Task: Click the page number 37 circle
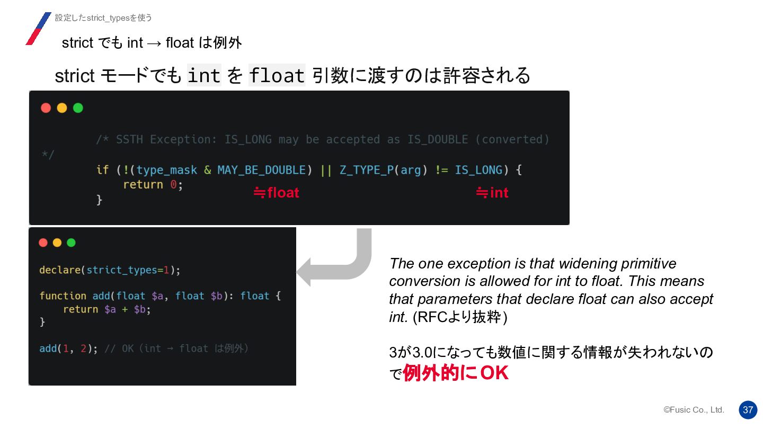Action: coord(748,410)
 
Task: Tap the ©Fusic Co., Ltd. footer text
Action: coord(694,410)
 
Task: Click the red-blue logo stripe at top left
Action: coord(38,29)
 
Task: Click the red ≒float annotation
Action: coord(276,193)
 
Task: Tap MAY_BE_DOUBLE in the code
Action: coord(261,170)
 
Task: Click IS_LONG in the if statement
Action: coord(478,170)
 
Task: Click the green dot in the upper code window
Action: coord(78,108)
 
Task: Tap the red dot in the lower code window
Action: coord(43,243)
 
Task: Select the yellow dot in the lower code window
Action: coord(57,243)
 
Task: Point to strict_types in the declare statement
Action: coord(122,270)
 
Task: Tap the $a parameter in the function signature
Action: coord(157,296)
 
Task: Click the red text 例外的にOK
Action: coord(456,373)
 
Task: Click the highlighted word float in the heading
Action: coord(277,76)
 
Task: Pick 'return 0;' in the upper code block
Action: coord(153,185)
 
